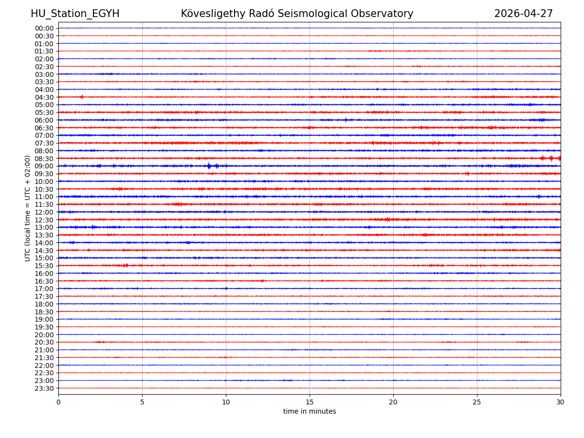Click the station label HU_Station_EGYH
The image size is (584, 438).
pyautogui.click(x=75, y=14)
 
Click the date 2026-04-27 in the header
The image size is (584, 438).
pyautogui.click(x=523, y=14)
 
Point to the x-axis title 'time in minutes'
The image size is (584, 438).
pyautogui.click(x=310, y=412)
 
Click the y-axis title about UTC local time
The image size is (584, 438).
pyautogui.click(x=28, y=208)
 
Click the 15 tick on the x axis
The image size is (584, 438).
pyautogui.click(x=310, y=402)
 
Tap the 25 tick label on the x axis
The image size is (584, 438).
pyautogui.click(x=477, y=402)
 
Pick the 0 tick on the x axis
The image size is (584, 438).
pyautogui.click(x=58, y=402)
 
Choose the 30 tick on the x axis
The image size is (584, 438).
pyautogui.click(x=561, y=402)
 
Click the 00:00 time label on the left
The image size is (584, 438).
pyautogui.click(x=44, y=28)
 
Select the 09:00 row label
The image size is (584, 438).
pyautogui.click(x=44, y=166)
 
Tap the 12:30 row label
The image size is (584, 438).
pyautogui.click(x=44, y=220)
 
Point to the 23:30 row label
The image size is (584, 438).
pyautogui.click(x=44, y=388)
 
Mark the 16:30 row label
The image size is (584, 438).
pyautogui.click(x=44, y=281)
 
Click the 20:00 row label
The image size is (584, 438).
pyautogui.click(x=44, y=335)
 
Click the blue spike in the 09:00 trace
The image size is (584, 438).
pyautogui.click(x=209, y=166)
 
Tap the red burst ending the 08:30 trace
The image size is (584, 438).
pyautogui.click(x=551, y=158)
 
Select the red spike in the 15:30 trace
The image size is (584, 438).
pyautogui.click(x=126, y=266)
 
